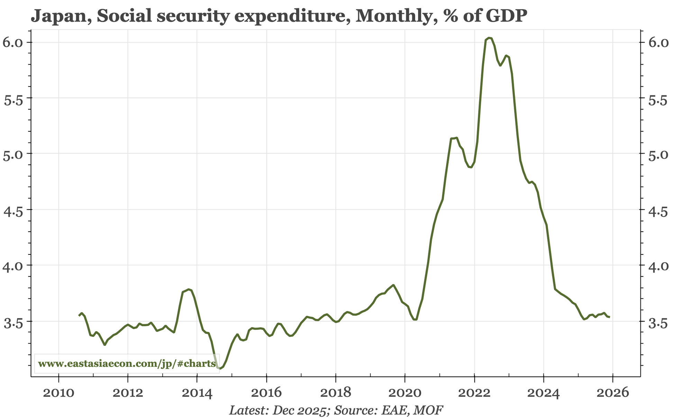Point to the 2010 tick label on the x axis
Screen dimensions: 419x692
(58, 393)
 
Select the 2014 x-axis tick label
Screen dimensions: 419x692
(197, 393)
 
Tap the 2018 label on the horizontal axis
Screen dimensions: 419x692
(335, 393)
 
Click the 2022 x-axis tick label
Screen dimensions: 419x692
(474, 393)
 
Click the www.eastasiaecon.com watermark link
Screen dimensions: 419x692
(127, 364)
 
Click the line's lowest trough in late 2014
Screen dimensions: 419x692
(220, 369)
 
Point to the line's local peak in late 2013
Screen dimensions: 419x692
(189, 289)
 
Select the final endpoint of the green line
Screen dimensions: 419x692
(609, 317)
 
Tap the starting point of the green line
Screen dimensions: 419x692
(79, 316)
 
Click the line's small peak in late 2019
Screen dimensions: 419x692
(393, 285)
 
